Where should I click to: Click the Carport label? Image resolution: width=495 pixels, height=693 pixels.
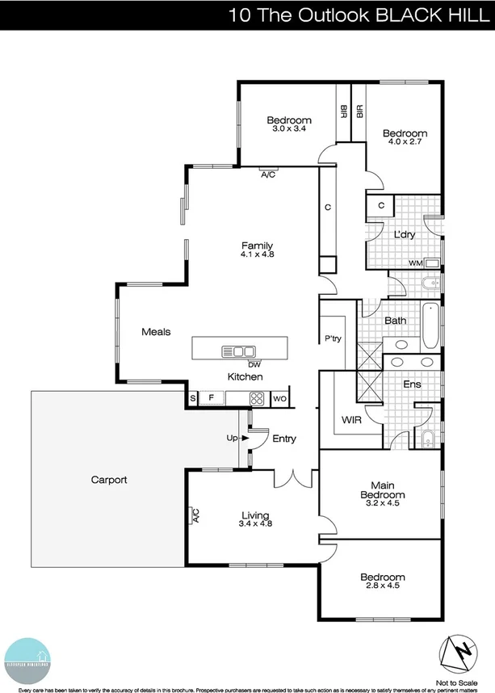click(x=109, y=480)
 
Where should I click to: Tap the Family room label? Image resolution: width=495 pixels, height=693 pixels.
click(x=257, y=246)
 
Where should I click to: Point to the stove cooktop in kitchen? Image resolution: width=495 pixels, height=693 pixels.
click(x=258, y=397)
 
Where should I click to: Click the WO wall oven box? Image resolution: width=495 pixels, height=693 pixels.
click(x=280, y=397)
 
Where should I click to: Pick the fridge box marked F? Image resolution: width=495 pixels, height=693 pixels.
click(x=212, y=397)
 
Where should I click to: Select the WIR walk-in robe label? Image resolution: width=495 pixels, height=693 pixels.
click(x=351, y=420)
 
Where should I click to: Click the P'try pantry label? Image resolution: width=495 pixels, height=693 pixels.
click(x=333, y=339)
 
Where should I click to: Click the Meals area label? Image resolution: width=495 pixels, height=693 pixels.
click(x=156, y=331)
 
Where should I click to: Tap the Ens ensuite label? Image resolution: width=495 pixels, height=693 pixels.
click(x=412, y=384)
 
